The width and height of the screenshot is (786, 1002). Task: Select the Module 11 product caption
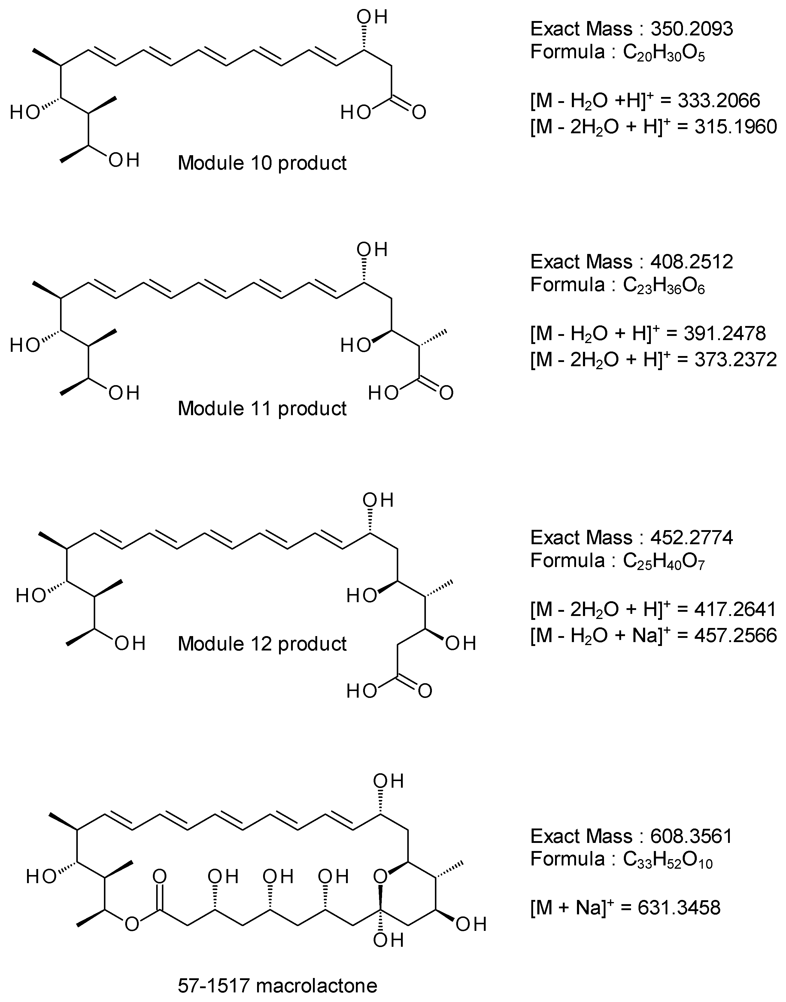pos(262,408)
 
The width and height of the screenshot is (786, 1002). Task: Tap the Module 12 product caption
pos(262,644)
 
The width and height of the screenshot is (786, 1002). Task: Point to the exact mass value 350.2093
pos(692,29)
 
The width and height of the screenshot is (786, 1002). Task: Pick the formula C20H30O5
pos(664,53)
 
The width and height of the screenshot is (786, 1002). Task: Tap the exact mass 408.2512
pos(692,262)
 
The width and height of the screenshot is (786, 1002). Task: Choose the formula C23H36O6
pos(664,285)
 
